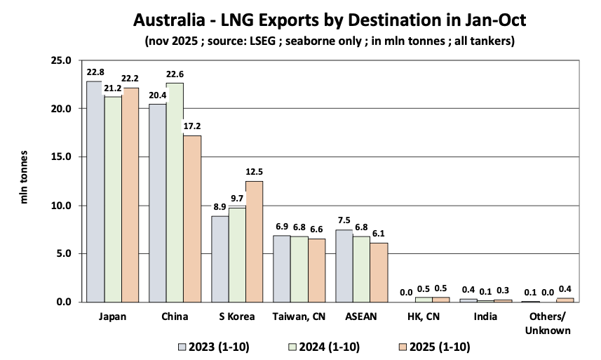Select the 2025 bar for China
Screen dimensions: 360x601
pyautogui.click(x=192, y=218)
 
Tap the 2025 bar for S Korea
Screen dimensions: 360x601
pyautogui.click(x=255, y=241)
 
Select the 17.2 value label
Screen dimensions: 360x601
pyautogui.click(x=192, y=127)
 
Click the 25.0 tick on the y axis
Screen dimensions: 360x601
pyautogui.click(x=62, y=60)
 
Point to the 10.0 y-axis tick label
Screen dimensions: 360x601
pyautogui.click(x=62, y=206)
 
